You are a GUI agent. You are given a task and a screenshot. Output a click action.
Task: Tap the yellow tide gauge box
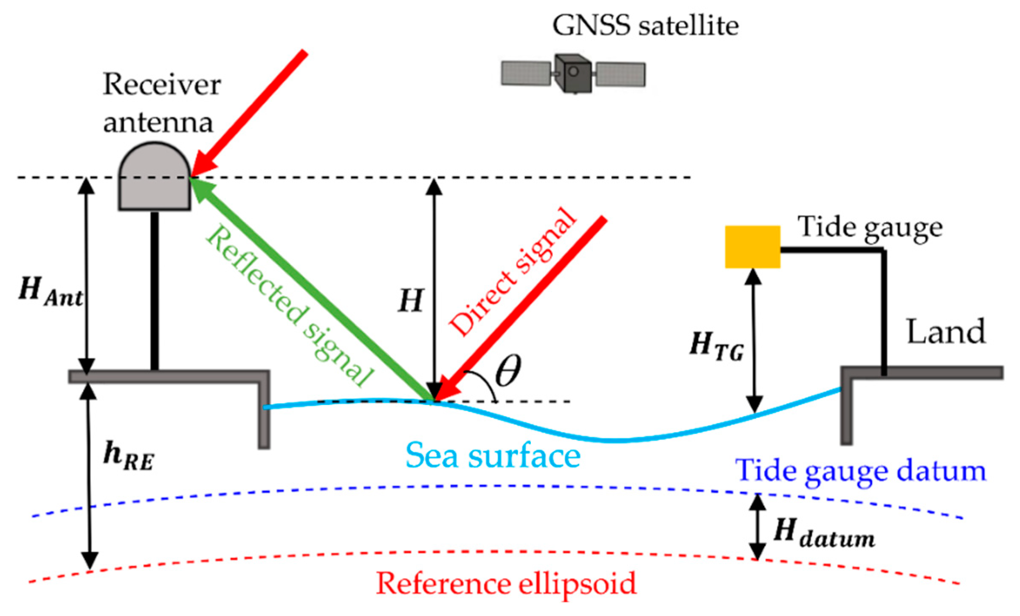(x=752, y=247)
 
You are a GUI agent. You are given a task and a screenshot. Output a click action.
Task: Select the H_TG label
(x=717, y=346)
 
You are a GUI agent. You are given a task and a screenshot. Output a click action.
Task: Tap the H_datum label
(x=824, y=533)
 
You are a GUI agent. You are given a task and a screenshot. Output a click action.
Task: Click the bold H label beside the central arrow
(x=411, y=301)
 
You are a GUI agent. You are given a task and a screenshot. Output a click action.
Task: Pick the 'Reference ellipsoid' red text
(x=506, y=584)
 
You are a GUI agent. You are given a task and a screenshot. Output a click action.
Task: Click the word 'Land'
(x=946, y=332)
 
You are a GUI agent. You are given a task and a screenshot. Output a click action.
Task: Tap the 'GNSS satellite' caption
(x=645, y=25)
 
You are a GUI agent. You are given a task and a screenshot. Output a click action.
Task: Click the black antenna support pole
(x=155, y=291)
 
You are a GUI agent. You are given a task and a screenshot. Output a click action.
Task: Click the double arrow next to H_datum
(x=757, y=527)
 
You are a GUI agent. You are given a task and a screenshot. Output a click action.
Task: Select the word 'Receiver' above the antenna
(x=161, y=84)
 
